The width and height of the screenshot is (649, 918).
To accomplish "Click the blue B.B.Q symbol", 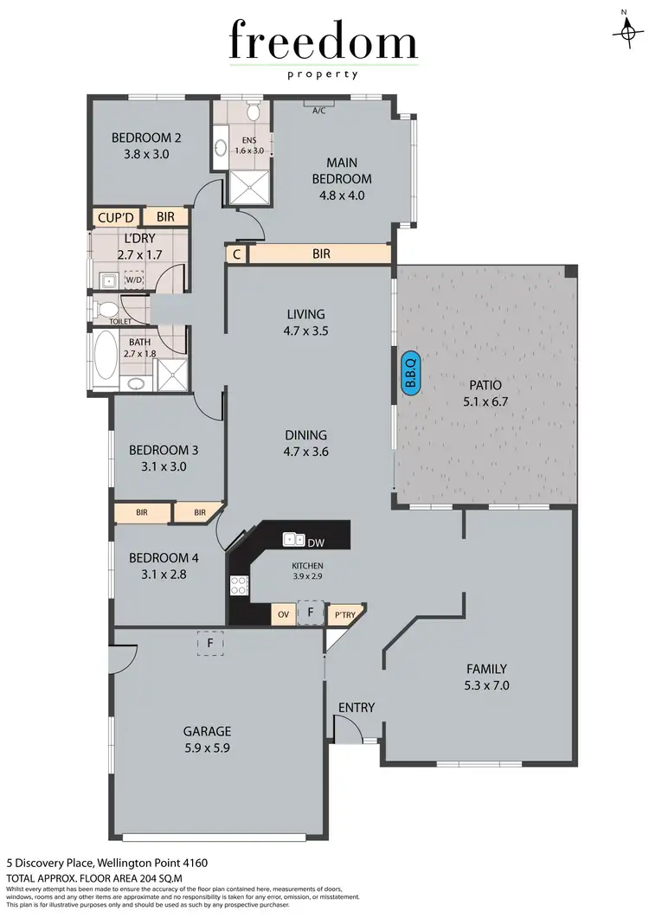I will (410, 374).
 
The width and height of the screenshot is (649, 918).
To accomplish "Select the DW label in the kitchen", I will (316, 542).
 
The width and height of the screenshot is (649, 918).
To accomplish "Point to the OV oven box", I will (282, 614).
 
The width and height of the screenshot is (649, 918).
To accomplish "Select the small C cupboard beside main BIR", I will (236, 254).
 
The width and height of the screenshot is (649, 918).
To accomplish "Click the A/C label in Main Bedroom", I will (318, 109).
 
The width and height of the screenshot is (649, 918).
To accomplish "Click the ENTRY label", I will (357, 708).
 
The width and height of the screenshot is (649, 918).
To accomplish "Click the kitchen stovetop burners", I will (240, 585).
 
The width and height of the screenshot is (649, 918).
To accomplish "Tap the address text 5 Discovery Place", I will (107, 863).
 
